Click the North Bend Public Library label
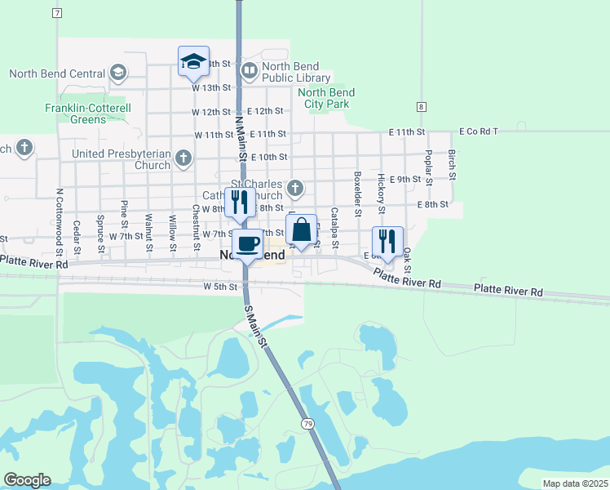(296, 72)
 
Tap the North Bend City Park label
(325, 98)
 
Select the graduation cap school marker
(194, 60)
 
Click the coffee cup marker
(248, 243)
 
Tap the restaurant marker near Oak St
(387, 241)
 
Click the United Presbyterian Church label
(121, 159)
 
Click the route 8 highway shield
(420, 107)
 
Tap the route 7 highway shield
(56, 14)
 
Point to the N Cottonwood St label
(60, 218)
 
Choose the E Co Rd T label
(478, 131)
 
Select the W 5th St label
(220, 287)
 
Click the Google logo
(27, 480)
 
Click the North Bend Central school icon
(118, 73)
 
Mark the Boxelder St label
(357, 189)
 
